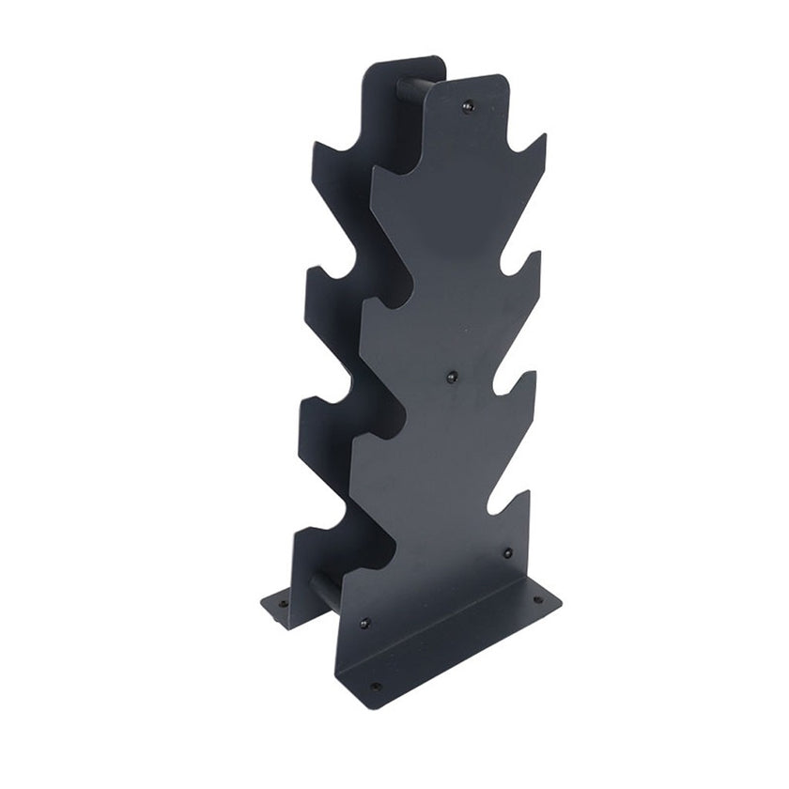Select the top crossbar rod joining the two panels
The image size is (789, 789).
414,90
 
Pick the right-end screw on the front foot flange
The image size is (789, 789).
537,599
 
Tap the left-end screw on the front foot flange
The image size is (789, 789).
377,686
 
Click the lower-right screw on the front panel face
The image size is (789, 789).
507,552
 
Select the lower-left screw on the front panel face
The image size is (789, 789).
364,622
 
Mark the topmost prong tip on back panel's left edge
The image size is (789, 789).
317,144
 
